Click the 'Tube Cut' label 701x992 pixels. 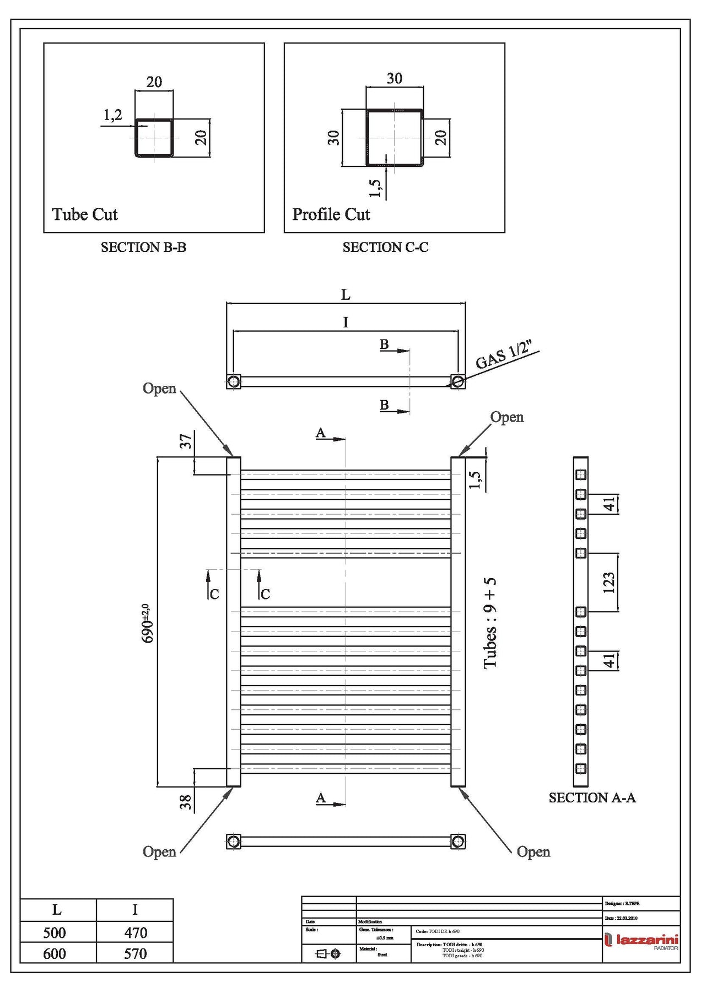click(x=85, y=214)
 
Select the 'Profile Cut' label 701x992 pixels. click(x=331, y=214)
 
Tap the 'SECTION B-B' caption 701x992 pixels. click(x=143, y=247)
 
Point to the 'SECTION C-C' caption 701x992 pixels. click(x=385, y=247)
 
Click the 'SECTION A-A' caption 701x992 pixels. click(x=592, y=797)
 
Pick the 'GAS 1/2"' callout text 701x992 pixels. click(x=504, y=355)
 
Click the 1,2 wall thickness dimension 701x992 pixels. click(x=113, y=115)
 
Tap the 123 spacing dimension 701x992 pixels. click(x=608, y=583)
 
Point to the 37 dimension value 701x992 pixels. click(x=186, y=441)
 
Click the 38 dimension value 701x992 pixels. click(x=186, y=801)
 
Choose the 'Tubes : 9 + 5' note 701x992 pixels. click(x=490, y=623)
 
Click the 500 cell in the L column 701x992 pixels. click(x=55, y=932)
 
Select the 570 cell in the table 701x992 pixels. click(x=135, y=953)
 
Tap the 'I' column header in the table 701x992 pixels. click(x=135, y=910)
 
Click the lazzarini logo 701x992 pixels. click(x=641, y=940)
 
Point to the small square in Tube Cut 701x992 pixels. click(x=154, y=138)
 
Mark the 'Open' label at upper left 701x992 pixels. click(x=159, y=389)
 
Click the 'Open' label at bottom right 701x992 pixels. click(x=533, y=851)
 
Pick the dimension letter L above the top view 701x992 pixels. click(x=346, y=295)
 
